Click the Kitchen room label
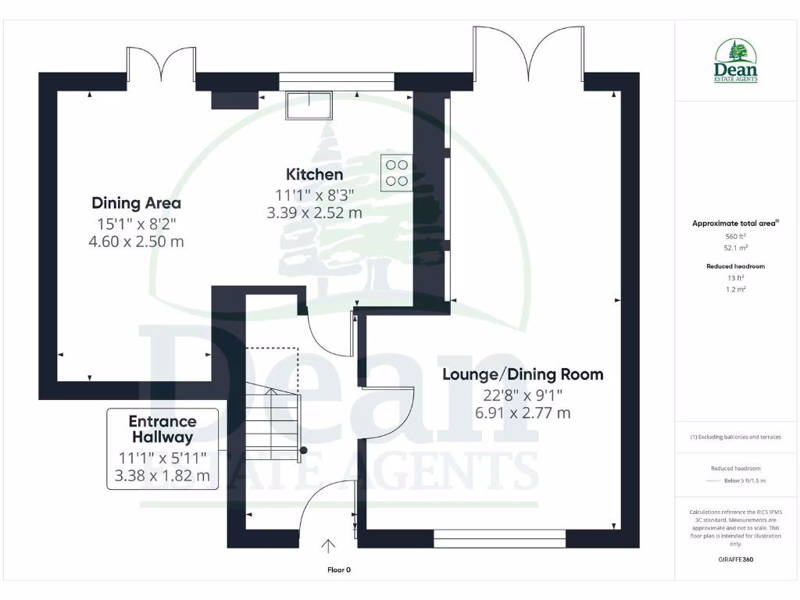click(314, 174)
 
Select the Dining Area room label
click(137, 203)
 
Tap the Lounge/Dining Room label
click(523, 374)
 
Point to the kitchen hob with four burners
click(397, 173)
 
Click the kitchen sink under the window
click(309, 105)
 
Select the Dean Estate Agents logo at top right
click(736, 62)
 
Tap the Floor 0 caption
click(339, 570)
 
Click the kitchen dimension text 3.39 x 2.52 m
click(314, 212)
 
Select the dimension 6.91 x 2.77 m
click(523, 412)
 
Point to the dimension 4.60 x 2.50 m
click(137, 241)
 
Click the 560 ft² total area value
click(736, 236)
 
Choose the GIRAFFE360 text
click(736, 559)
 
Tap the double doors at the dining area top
click(161, 65)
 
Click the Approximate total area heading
click(735, 223)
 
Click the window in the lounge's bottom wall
click(500, 537)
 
